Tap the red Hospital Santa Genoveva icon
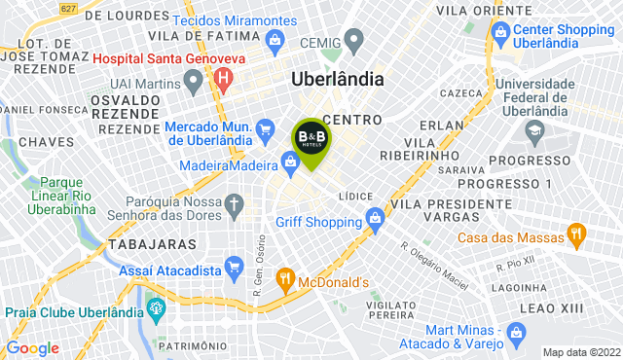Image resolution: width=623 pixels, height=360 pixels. (225, 77)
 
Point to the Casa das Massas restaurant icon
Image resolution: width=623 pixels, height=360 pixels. (575, 236)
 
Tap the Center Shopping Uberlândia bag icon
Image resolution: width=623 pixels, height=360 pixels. (500, 34)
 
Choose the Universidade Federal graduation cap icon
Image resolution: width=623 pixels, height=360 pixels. (534, 129)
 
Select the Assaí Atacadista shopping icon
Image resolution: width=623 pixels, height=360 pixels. (234, 266)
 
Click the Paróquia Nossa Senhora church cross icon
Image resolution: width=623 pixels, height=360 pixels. (234, 204)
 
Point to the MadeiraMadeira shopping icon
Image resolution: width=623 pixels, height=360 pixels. (290, 162)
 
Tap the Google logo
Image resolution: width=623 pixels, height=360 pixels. (32, 348)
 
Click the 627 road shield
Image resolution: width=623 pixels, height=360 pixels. (67, 9)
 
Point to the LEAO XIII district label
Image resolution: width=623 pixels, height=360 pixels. (546, 307)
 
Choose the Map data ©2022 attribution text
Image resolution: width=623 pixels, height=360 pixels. (580, 352)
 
